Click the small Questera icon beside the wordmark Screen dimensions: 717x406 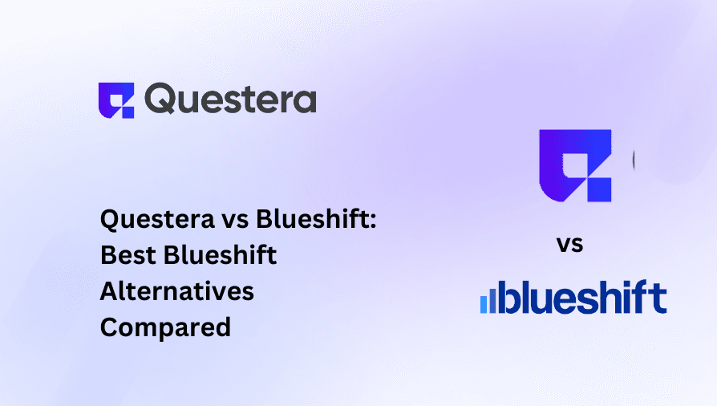116,100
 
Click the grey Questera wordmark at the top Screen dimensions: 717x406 230,98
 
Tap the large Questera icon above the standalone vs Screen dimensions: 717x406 575,166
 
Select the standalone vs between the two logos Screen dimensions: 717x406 569,245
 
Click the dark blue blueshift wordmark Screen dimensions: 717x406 582,297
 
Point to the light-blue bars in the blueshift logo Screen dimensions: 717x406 488,301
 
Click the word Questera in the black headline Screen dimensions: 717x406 157,219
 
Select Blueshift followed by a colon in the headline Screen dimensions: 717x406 316,218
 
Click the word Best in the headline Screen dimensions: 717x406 128,255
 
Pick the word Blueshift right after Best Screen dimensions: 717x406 220,254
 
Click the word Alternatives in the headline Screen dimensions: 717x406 177,291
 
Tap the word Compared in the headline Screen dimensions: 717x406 165,327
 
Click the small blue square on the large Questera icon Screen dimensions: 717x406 599,190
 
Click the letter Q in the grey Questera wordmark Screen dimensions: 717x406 160,98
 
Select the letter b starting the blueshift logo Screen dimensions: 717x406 508,297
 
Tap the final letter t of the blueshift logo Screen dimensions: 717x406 659,298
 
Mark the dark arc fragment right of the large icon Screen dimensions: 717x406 634,160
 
